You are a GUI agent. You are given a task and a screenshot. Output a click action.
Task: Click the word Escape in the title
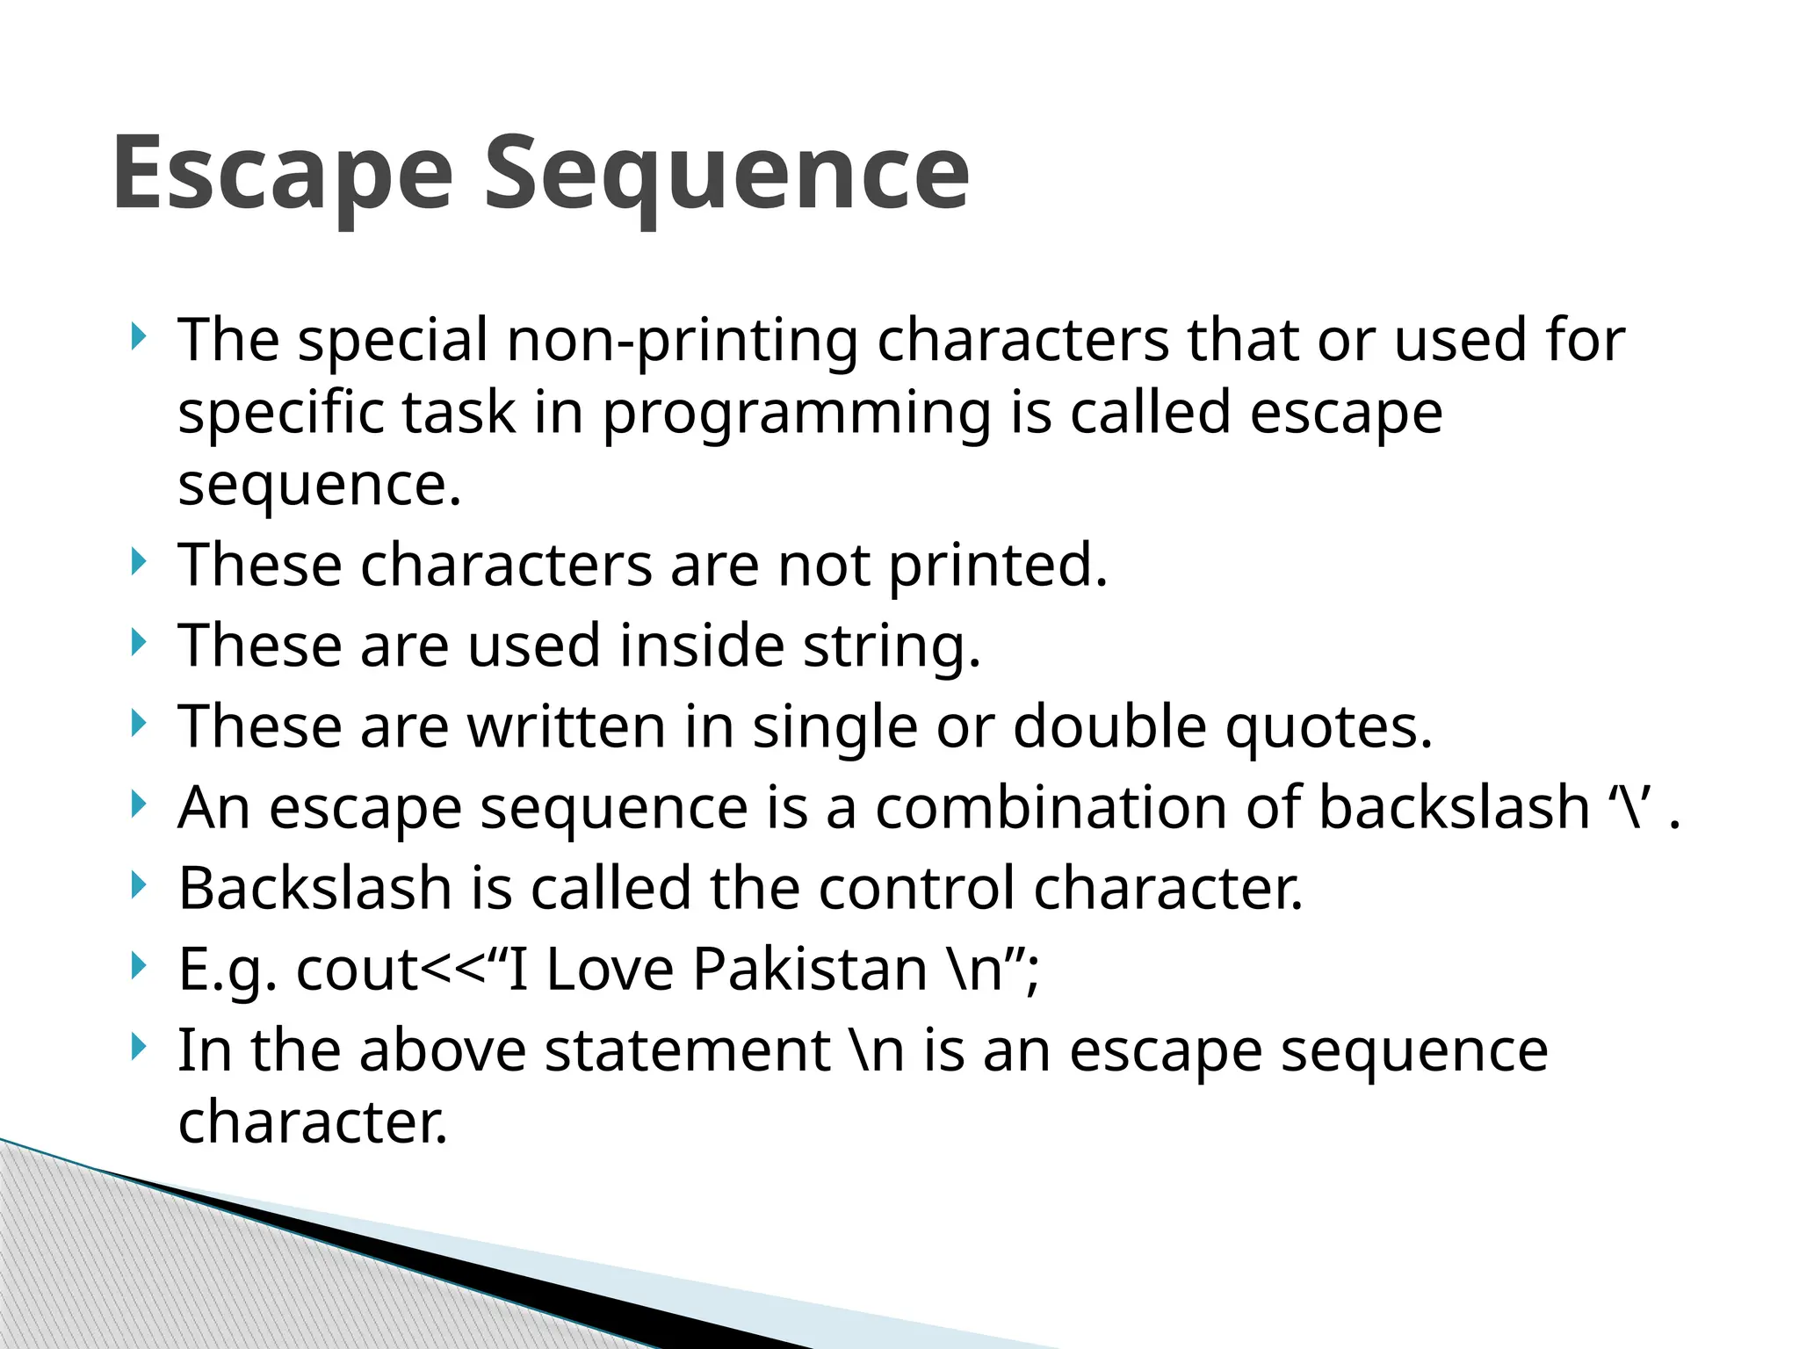[283, 173]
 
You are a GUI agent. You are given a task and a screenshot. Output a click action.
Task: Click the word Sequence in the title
[727, 173]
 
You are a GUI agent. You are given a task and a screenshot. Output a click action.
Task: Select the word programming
[797, 413]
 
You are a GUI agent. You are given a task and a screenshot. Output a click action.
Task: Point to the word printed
[998, 565]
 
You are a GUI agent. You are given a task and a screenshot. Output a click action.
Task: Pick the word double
[1110, 726]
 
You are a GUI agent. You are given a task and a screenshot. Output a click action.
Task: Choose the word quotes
[1329, 726]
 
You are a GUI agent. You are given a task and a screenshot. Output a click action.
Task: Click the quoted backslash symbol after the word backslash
[1632, 807]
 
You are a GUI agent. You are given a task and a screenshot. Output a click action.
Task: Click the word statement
[687, 1050]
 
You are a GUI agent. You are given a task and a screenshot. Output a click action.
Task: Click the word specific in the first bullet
[280, 413]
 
